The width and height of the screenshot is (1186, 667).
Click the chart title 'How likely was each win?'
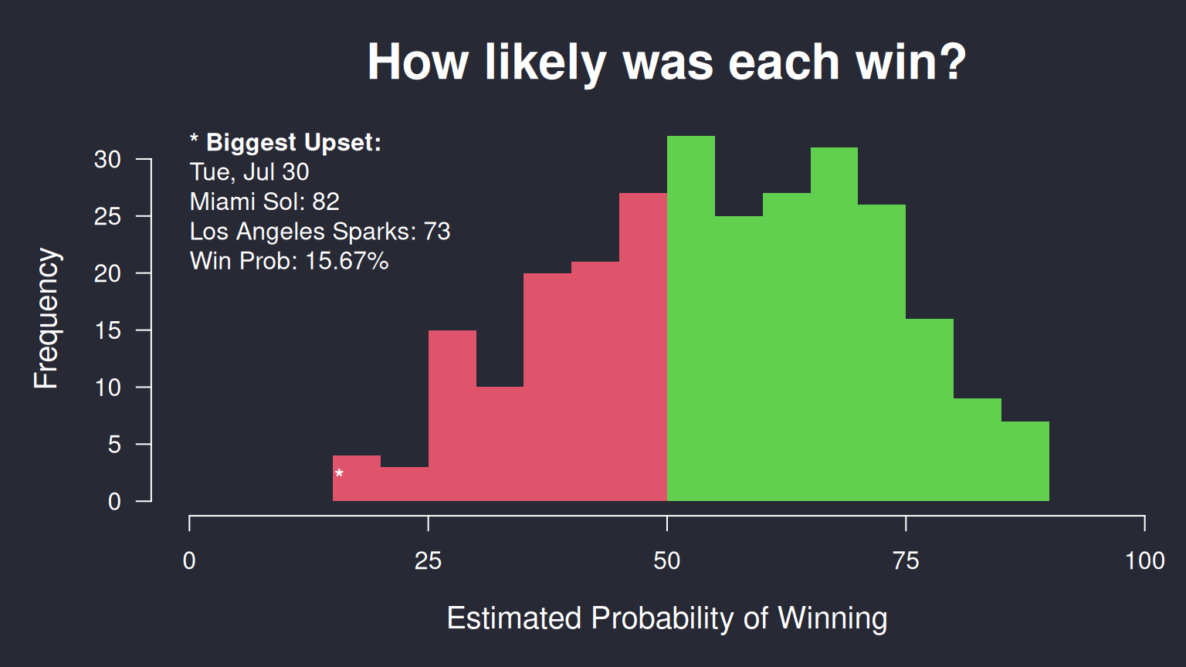(x=666, y=63)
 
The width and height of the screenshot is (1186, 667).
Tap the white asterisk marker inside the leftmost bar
(x=340, y=473)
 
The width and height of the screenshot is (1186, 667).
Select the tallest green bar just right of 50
(x=691, y=318)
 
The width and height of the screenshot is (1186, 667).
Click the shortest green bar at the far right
(x=1025, y=461)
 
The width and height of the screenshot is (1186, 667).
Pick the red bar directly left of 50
(x=643, y=347)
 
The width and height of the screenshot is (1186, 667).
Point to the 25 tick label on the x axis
(x=428, y=561)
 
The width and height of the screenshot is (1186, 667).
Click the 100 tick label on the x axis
(x=1145, y=561)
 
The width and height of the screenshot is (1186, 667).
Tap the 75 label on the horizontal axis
(x=906, y=561)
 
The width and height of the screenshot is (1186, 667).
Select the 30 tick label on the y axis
(x=107, y=159)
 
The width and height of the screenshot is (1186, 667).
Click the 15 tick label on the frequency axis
(x=107, y=331)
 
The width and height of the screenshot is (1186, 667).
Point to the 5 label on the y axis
(x=114, y=445)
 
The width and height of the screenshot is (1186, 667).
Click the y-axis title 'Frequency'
(x=46, y=318)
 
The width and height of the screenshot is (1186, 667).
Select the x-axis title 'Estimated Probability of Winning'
(x=666, y=618)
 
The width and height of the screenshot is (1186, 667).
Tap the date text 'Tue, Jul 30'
(x=249, y=172)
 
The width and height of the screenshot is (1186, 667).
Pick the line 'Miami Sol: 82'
(x=264, y=201)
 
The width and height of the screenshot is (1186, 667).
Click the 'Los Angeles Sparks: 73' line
(x=320, y=232)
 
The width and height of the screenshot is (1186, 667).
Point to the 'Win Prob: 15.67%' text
(x=289, y=261)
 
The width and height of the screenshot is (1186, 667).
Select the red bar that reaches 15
(x=452, y=415)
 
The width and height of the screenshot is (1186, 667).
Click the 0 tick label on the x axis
(x=189, y=561)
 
